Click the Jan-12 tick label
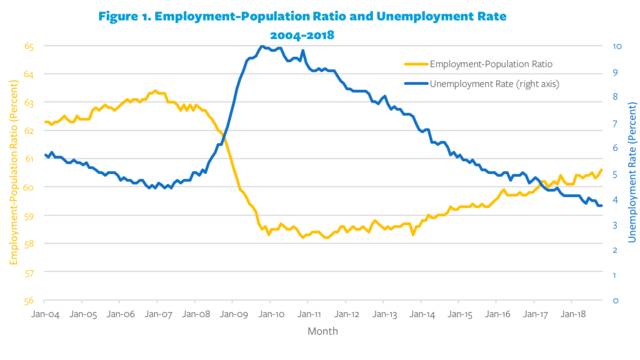[347, 313]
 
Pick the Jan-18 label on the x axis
[573, 313]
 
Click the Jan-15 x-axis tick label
[460, 313]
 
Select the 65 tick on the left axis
[29, 47]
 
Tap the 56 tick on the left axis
[29, 300]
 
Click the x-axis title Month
[322, 330]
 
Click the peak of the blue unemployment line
[263, 46]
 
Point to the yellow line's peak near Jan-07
[153, 91]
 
